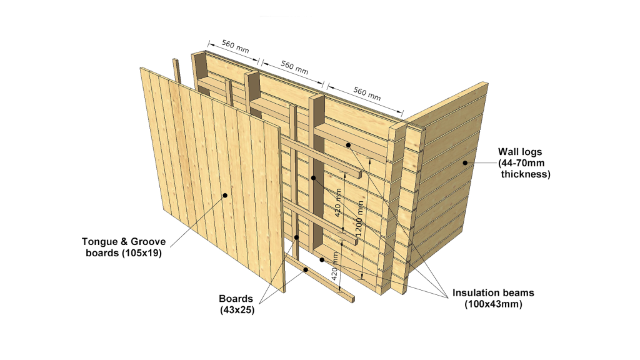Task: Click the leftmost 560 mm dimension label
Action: click(236, 46)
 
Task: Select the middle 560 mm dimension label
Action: click(294, 67)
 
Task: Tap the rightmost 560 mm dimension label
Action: click(367, 94)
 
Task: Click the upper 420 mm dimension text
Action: click(338, 203)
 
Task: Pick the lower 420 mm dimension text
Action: click(335, 266)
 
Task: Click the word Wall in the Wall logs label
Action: click(507, 152)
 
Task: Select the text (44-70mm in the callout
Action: click(521, 163)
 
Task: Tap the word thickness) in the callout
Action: click(526, 174)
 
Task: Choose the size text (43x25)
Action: click(237, 310)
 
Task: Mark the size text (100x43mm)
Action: click(494, 304)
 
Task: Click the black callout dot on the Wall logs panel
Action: click(465, 163)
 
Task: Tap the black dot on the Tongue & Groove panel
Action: click(225, 196)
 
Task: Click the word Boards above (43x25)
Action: click(236, 299)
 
